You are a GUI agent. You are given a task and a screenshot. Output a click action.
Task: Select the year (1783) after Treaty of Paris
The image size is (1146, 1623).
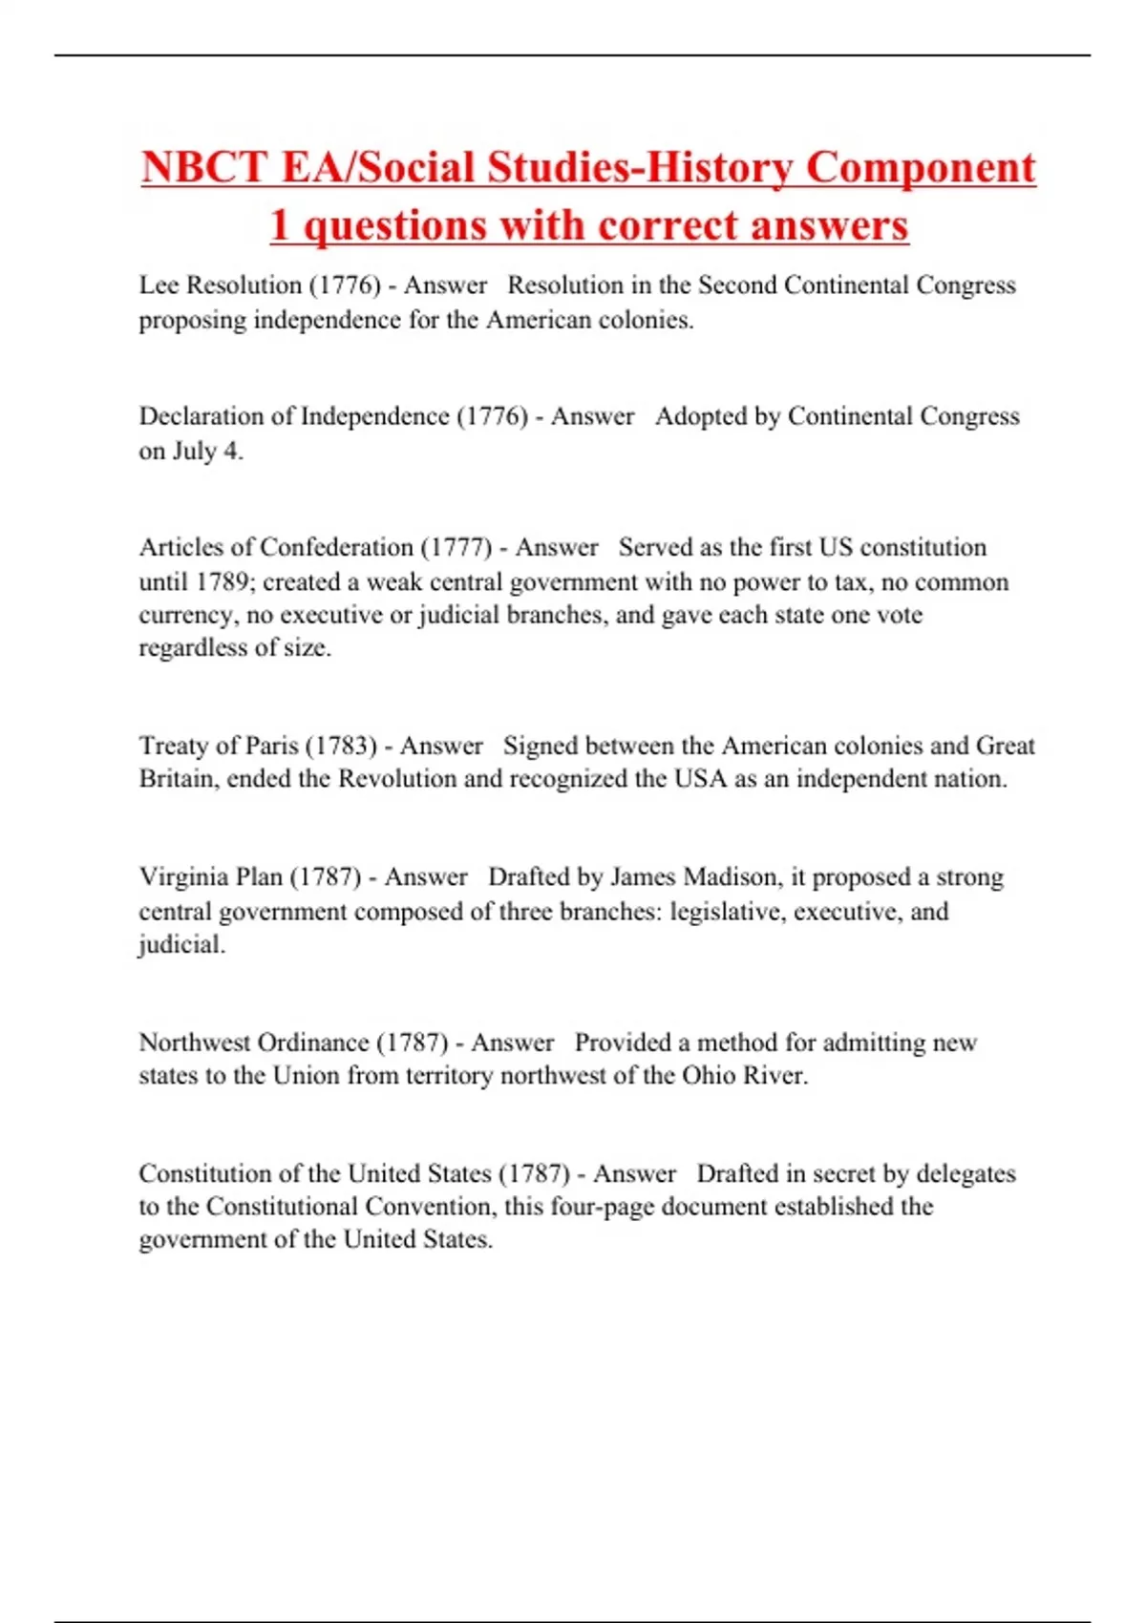341,746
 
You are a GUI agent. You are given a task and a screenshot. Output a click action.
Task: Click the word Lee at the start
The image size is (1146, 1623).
159,285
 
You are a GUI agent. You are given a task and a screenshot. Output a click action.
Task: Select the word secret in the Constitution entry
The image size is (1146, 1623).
840,1173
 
